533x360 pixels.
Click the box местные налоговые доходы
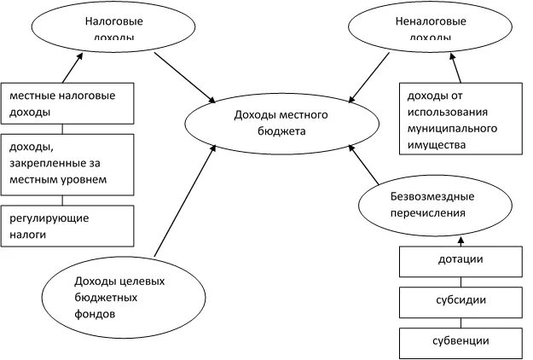[68, 104]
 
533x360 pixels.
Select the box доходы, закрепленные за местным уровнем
[68, 163]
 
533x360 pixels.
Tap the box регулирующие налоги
[68, 225]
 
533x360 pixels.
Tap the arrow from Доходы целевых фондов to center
[182, 204]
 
